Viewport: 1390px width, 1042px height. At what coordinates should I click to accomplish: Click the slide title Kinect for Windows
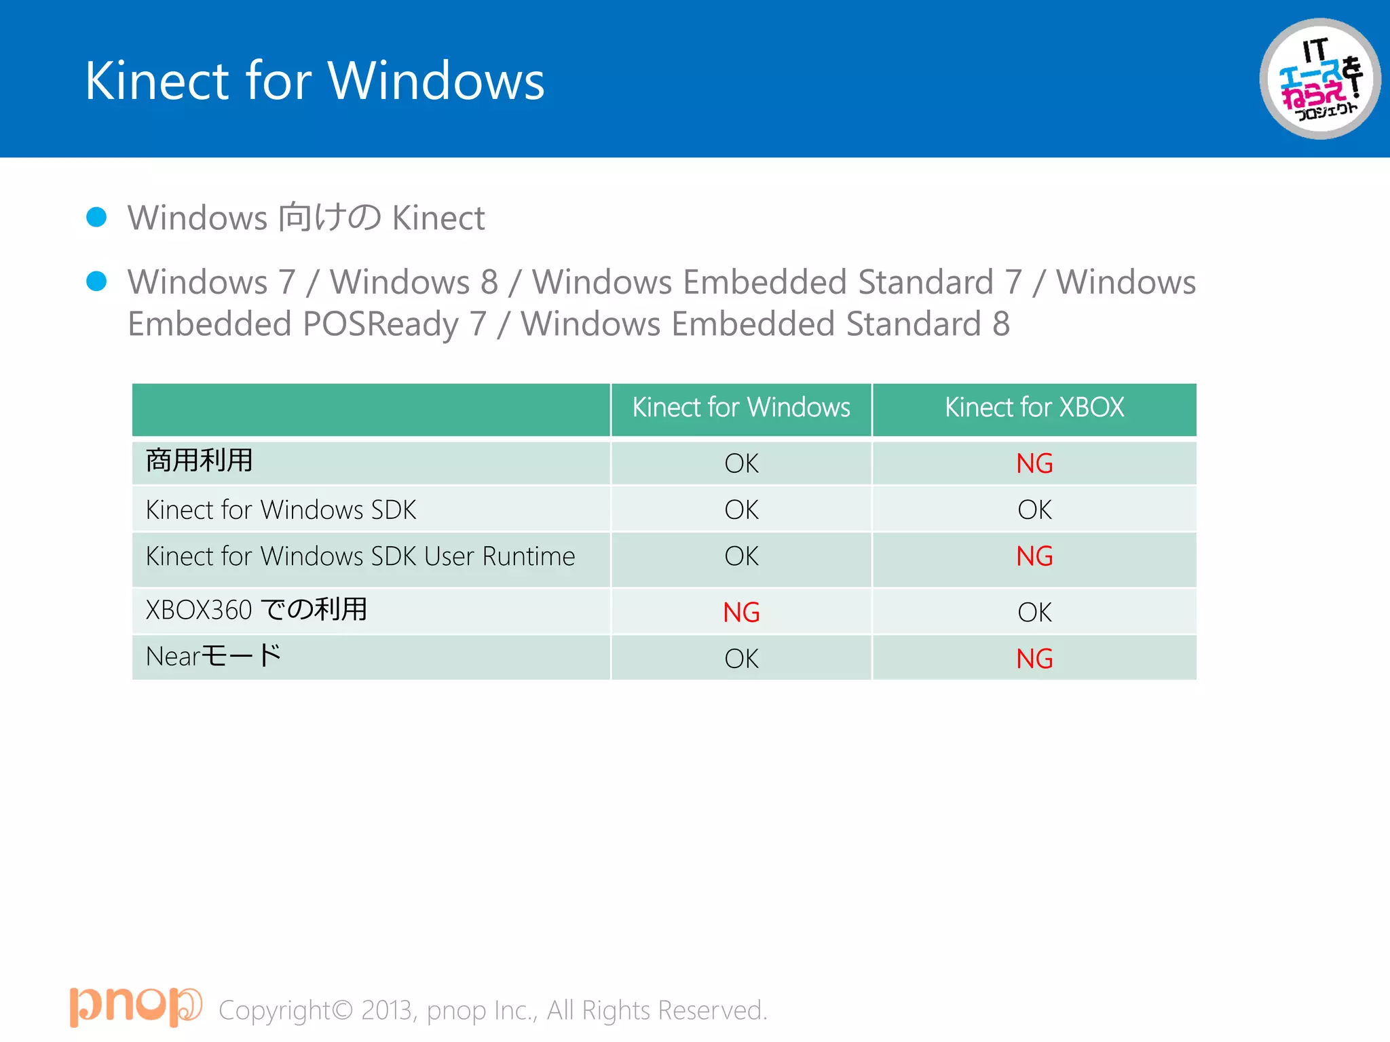314,81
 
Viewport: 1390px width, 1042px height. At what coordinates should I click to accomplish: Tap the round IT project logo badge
1319,79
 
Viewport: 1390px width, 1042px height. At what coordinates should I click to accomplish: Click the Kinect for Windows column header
741,408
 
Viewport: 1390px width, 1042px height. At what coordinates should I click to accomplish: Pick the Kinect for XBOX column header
1034,408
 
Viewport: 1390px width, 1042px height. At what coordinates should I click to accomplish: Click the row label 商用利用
199,461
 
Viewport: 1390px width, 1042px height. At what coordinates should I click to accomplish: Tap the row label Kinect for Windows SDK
281,510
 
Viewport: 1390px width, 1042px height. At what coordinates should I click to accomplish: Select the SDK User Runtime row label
360,556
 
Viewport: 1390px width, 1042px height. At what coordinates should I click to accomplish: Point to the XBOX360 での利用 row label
257,609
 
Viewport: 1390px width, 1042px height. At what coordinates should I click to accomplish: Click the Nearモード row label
213,656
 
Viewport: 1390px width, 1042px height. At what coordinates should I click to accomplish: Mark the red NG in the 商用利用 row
1034,464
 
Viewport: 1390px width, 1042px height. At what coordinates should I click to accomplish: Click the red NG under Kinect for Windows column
741,613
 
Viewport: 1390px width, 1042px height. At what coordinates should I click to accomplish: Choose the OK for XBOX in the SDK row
1034,510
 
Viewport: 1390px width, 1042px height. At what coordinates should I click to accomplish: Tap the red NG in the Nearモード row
1034,659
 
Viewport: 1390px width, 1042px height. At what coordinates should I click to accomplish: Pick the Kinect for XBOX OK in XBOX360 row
1034,613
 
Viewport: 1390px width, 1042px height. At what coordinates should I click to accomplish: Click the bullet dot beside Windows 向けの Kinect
96,217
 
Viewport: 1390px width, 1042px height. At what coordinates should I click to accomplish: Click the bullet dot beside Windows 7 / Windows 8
96,281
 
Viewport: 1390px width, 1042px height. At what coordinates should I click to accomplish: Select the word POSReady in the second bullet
381,324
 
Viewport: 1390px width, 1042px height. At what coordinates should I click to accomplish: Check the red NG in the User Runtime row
1034,556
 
